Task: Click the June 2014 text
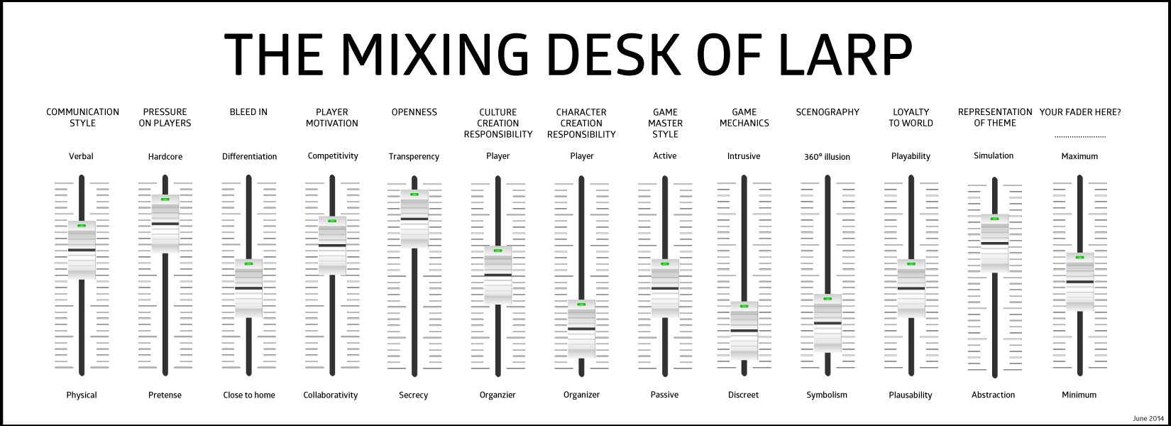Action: (1148, 419)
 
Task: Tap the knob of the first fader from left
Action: (82, 250)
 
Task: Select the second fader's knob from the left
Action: (165, 224)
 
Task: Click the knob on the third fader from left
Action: (248, 288)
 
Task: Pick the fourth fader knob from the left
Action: (332, 245)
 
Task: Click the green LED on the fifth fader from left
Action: (414, 195)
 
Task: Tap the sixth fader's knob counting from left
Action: (498, 275)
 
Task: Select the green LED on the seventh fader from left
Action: (581, 305)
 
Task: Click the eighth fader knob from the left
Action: (665, 288)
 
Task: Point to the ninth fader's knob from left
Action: (744, 330)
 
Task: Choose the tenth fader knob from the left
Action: (828, 323)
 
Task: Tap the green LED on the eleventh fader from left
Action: (911, 264)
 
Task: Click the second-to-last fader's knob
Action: (994, 243)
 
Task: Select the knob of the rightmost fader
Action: (1079, 281)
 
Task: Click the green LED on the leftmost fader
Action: (82, 226)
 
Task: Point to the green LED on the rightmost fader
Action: (1079, 257)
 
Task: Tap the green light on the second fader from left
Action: (165, 200)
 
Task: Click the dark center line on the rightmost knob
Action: (1079, 281)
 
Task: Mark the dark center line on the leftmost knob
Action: (82, 250)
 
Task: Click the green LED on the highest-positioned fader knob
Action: (414, 195)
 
